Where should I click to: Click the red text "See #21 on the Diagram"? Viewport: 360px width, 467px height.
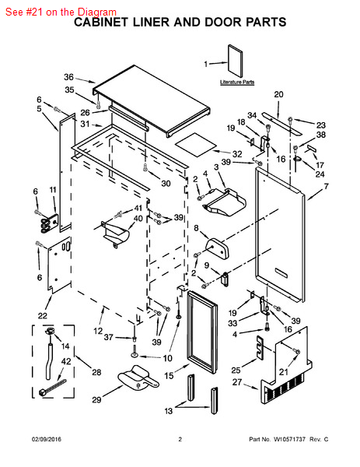tap(60, 12)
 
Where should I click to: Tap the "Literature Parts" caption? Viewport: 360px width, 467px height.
tap(237, 82)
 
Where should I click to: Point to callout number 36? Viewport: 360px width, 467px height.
tap(68, 77)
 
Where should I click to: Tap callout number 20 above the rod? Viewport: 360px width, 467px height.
tap(279, 95)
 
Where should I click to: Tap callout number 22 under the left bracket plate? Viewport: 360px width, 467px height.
tap(43, 315)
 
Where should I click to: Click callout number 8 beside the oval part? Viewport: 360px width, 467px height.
tap(196, 228)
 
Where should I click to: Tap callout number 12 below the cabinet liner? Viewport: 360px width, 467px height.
tap(98, 331)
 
